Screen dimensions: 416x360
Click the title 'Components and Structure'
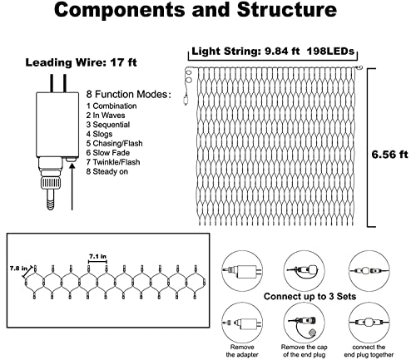click(196, 10)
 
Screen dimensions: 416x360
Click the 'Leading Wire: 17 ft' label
click(81, 62)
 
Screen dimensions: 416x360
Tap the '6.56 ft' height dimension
click(389, 155)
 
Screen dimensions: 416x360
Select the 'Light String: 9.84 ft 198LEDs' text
click(273, 52)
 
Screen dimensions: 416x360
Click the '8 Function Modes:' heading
click(128, 94)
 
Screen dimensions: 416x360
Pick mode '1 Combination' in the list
click(111, 106)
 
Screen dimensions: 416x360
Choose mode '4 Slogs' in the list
click(99, 134)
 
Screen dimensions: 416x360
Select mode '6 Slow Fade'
click(108, 153)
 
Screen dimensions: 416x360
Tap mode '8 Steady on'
click(107, 171)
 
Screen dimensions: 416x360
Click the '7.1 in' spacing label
click(97, 257)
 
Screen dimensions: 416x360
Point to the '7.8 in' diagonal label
click(18, 269)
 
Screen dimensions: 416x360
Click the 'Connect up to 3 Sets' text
click(310, 296)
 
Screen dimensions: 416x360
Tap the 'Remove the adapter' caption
click(242, 351)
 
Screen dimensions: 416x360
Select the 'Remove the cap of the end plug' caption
click(305, 351)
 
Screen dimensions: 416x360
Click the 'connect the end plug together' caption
click(369, 351)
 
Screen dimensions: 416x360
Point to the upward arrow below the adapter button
click(72, 186)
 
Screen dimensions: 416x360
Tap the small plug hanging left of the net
click(186, 100)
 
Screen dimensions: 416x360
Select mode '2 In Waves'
click(106, 116)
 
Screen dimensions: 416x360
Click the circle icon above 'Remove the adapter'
click(242, 322)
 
